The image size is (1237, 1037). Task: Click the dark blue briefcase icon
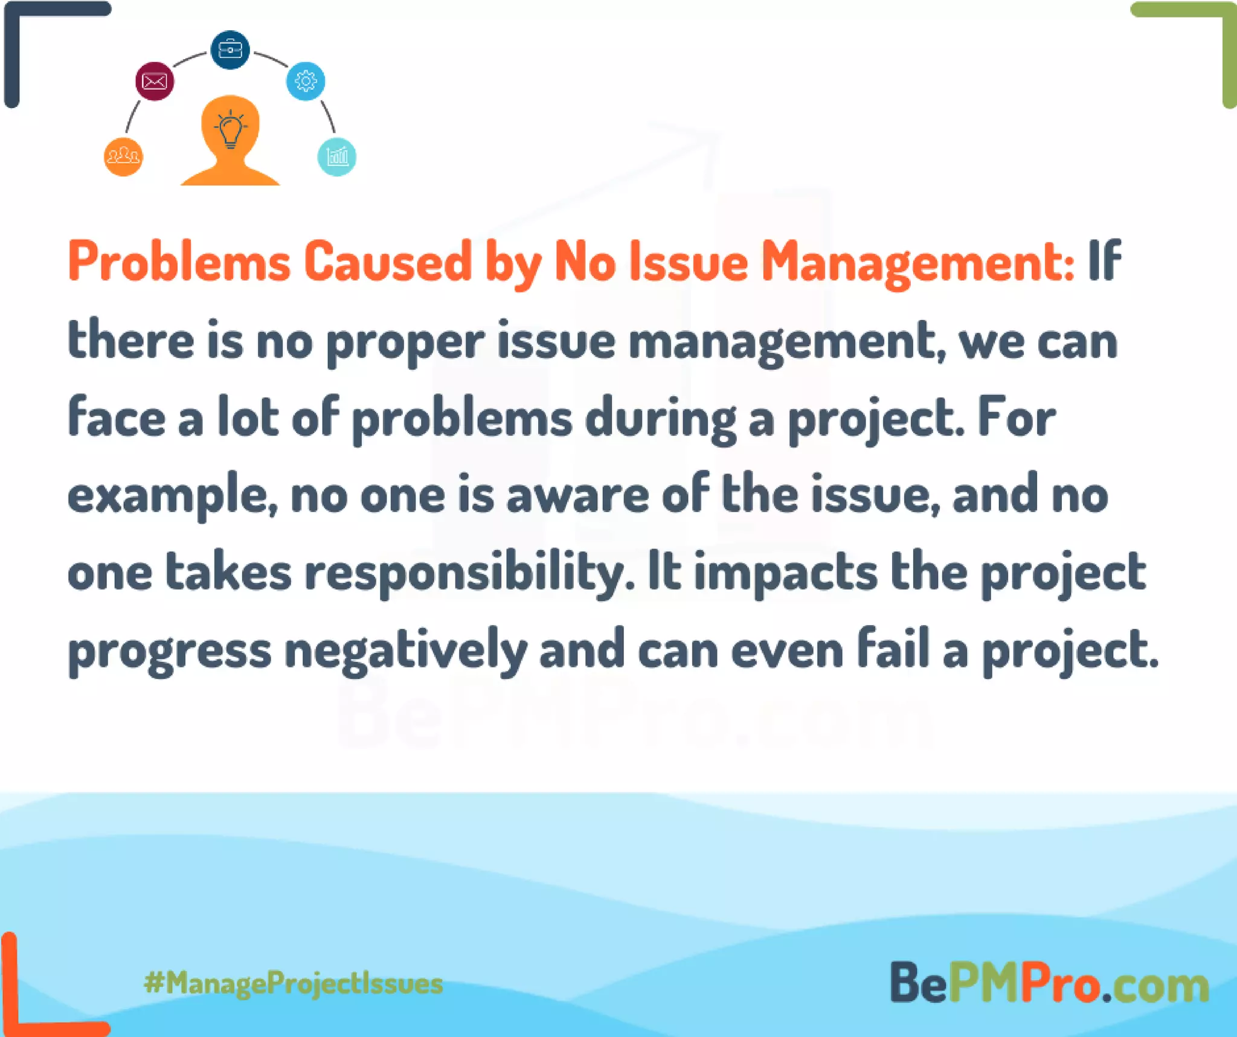pyautogui.click(x=230, y=50)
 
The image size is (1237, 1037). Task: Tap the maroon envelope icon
pyautogui.click(x=155, y=81)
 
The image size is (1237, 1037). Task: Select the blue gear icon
pyautogui.click(x=306, y=81)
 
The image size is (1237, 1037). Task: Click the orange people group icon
pyautogui.click(x=123, y=157)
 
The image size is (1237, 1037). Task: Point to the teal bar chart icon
pyautogui.click(x=337, y=157)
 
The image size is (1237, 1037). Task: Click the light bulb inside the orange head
pyautogui.click(x=230, y=129)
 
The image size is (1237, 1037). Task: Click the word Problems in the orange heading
pyautogui.click(x=179, y=262)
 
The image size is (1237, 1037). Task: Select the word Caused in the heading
pyautogui.click(x=387, y=262)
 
